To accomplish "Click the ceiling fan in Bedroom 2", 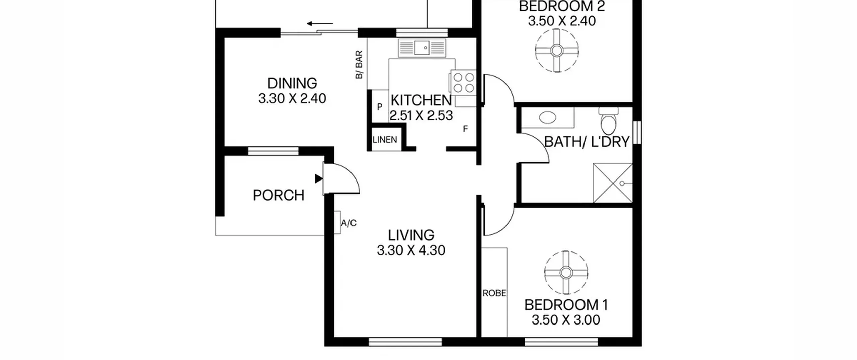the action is pyautogui.click(x=557, y=51).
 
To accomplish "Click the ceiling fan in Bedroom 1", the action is pyautogui.click(x=566, y=273).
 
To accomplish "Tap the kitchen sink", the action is pyautogui.click(x=422, y=48).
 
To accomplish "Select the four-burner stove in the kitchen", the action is pyautogui.click(x=463, y=82).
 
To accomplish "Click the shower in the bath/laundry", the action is pyautogui.click(x=613, y=183).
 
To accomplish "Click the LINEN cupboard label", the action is pyautogui.click(x=385, y=140).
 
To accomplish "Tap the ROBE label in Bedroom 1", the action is pyautogui.click(x=494, y=293).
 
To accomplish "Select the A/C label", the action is pyautogui.click(x=349, y=223).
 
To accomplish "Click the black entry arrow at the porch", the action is pyautogui.click(x=319, y=179).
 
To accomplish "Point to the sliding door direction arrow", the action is pyautogui.click(x=320, y=24).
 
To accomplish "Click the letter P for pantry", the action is pyautogui.click(x=380, y=107).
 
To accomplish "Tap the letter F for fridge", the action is pyautogui.click(x=465, y=129).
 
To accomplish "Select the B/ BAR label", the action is pyautogui.click(x=359, y=65).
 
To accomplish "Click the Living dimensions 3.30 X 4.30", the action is pyautogui.click(x=411, y=250).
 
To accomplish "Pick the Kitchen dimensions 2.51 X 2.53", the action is pyautogui.click(x=421, y=115).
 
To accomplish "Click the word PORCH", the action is pyautogui.click(x=279, y=195).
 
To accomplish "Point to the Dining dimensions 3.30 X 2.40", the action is pyautogui.click(x=292, y=98).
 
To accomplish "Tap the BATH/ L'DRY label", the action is pyautogui.click(x=587, y=142).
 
